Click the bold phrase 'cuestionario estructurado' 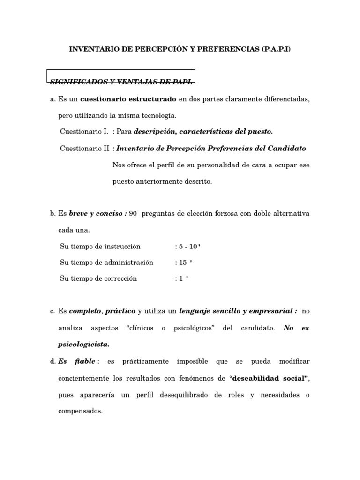(128, 99)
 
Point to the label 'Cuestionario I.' (84, 132)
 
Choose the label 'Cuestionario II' (85, 149)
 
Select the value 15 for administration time (183, 262)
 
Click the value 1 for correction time (180, 278)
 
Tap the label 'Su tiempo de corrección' (98, 278)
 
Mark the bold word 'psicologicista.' (83, 344)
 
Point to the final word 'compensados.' (80, 411)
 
